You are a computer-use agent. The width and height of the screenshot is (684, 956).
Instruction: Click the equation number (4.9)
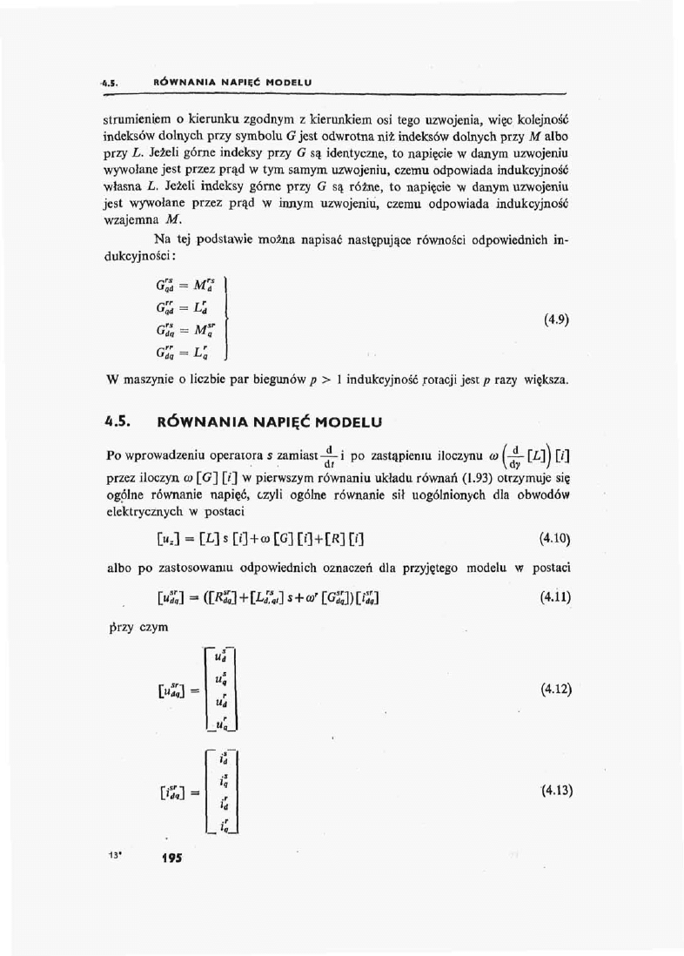pyautogui.click(x=556, y=319)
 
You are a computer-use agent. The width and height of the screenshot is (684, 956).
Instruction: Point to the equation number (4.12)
pyautogui.click(x=555, y=690)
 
